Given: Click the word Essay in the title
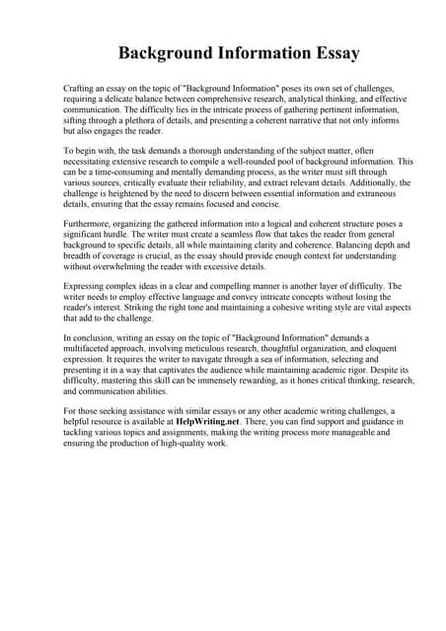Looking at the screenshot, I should [328, 51].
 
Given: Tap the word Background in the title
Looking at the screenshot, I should [166, 51].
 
